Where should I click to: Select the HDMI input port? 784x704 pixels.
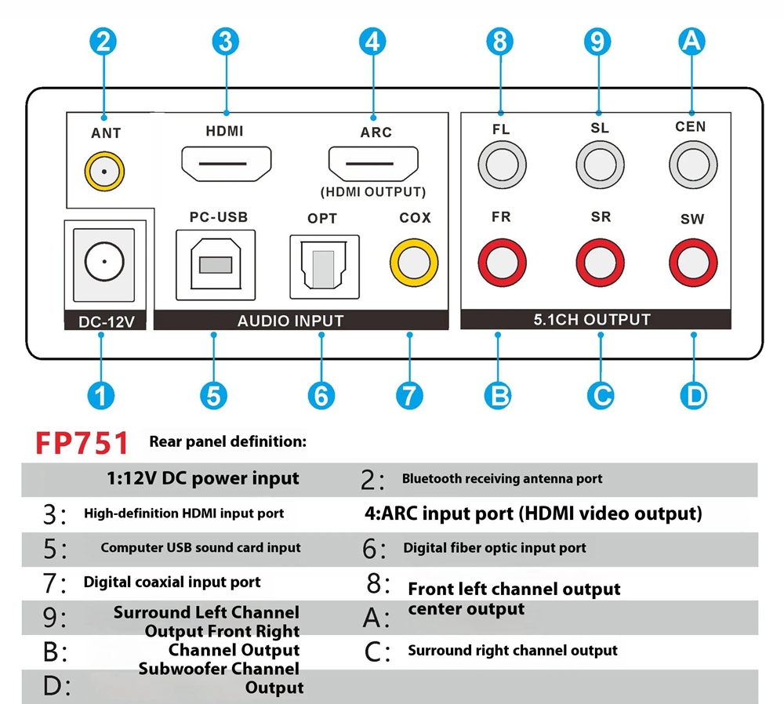coord(227,163)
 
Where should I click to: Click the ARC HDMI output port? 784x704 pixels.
coord(372,163)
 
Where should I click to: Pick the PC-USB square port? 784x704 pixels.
coord(216,263)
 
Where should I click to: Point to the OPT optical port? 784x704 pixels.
coord(324,266)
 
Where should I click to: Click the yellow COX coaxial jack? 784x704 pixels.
coord(415,263)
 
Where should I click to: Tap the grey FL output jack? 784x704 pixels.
coord(502,165)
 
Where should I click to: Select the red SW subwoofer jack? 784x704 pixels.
coord(693,263)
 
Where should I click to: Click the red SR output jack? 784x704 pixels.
coord(600,263)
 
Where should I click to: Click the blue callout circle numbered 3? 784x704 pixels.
coord(225,41)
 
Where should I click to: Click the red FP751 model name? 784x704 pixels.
coord(82,443)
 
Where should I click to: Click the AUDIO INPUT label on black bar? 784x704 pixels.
coord(290,321)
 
